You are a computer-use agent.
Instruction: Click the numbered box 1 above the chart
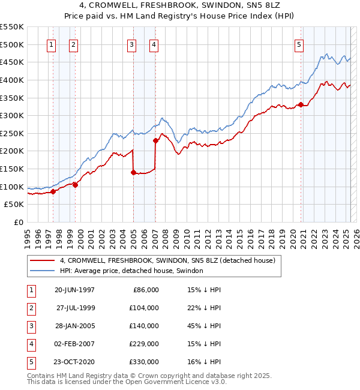[x=51, y=44]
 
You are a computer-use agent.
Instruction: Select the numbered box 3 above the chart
[x=131, y=44]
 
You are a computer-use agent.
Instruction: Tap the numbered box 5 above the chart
[x=299, y=44]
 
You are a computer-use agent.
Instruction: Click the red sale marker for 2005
[x=133, y=172]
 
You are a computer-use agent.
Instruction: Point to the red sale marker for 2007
[x=155, y=140]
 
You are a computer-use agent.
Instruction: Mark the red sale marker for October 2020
[x=301, y=104]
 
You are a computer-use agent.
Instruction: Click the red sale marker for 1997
[x=53, y=191]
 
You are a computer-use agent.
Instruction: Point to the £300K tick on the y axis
[x=12, y=115]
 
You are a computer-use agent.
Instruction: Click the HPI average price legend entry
[x=131, y=271]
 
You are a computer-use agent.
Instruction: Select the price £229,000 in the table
[x=144, y=344]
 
